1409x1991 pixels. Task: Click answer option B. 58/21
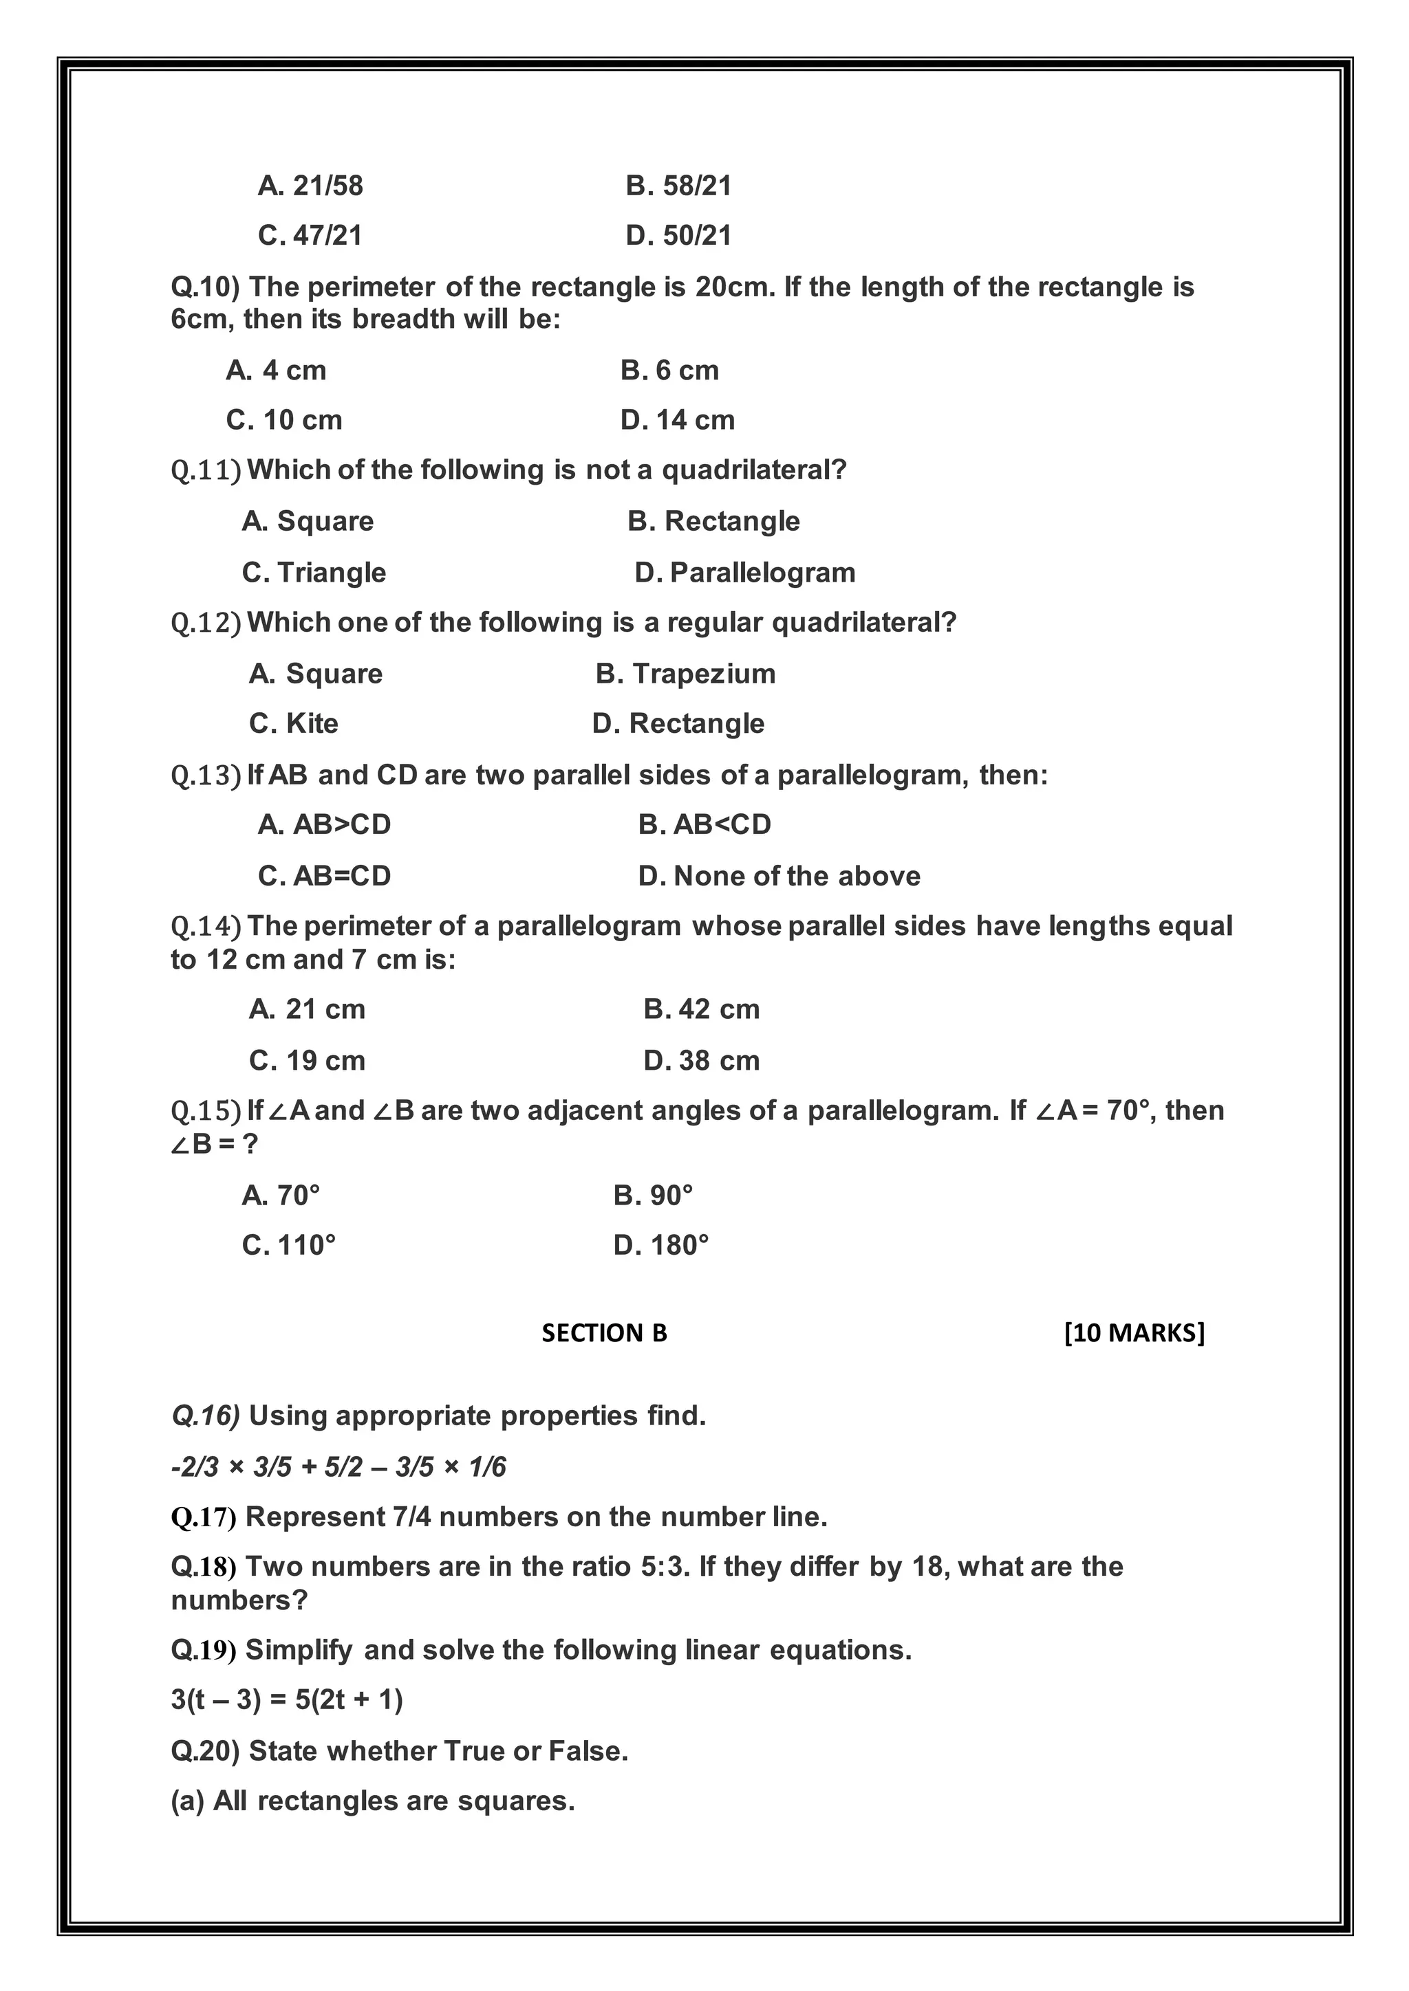(x=678, y=186)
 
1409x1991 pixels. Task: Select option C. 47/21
(x=310, y=235)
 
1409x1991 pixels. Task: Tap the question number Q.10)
(x=205, y=287)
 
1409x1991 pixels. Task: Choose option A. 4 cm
(x=276, y=371)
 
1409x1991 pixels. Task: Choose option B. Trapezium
(x=685, y=674)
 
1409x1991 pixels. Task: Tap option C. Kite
(x=293, y=723)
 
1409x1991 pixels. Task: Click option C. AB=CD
(x=325, y=876)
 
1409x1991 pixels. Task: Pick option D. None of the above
(x=779, y=876)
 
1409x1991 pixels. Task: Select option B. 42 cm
(x=701, y=1009)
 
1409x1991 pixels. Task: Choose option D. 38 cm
(x=701, y=1061)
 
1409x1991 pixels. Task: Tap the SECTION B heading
(x=604, y=1333)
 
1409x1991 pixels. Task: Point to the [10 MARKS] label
(x=1134, y=1333)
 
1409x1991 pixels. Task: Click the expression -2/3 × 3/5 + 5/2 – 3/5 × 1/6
(x=338, y=1467)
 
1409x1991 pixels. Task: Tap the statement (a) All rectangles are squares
(x=373, y=1801)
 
